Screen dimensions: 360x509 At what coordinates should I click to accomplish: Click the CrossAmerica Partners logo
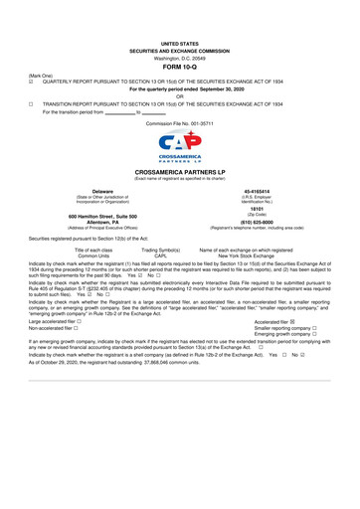click(180, 148)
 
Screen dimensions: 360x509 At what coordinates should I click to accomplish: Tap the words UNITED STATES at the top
click(179, 45)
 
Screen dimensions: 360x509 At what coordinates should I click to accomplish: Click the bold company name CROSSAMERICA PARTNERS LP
click(180, 172)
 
